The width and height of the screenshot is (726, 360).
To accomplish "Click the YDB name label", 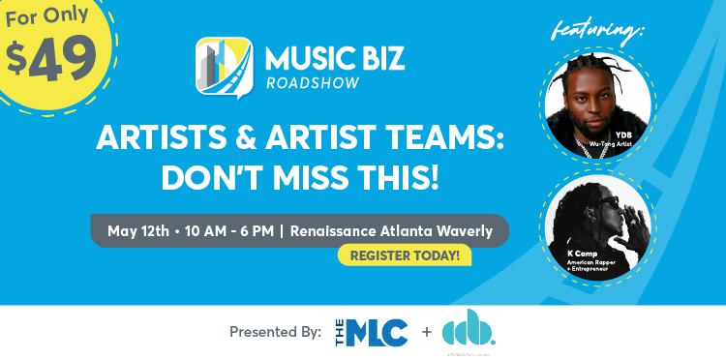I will [x=625, y=135].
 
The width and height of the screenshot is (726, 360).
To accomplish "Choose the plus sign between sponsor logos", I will [x=427, y=332].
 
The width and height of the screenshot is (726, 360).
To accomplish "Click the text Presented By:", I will [x=275, y=332].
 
